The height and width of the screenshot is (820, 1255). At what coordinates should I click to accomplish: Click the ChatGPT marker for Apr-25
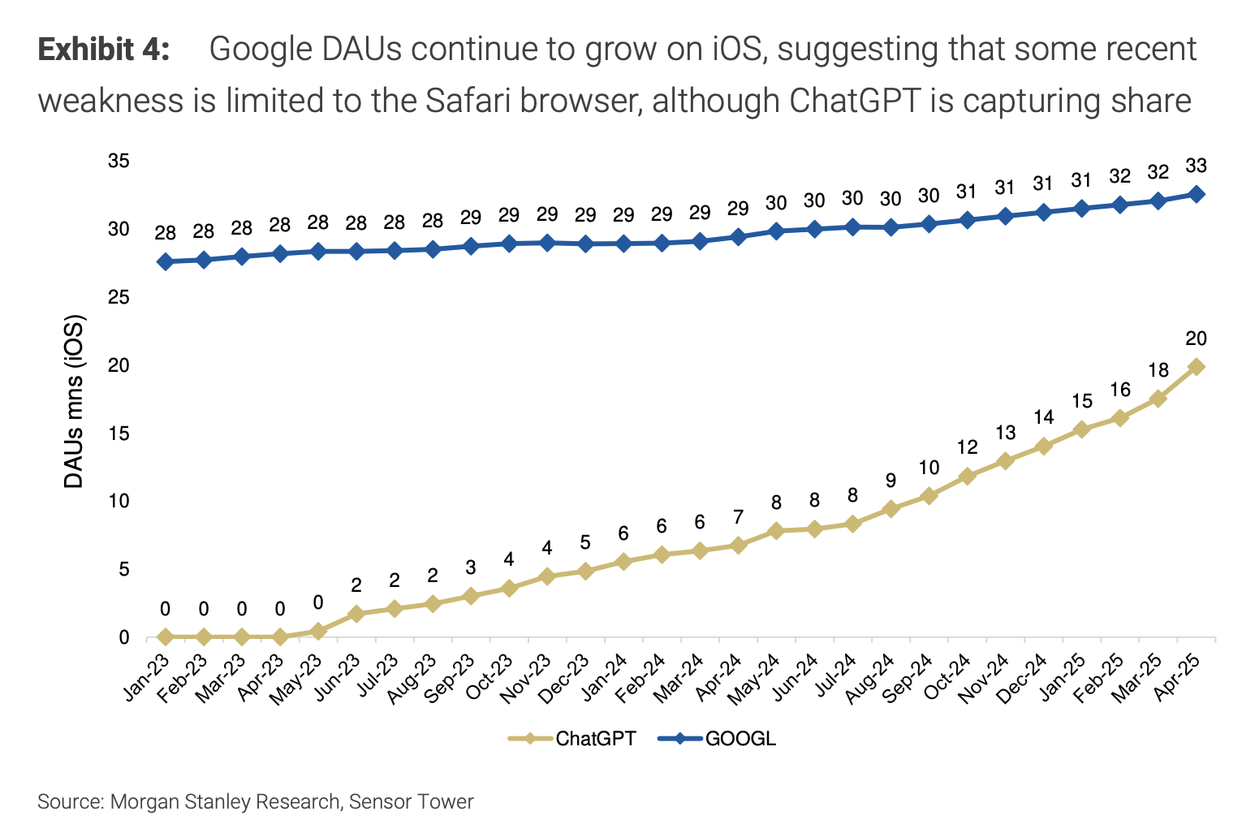click(x=1196, y=367)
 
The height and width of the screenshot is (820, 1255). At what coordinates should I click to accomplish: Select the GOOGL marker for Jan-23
click(x=166, y=261)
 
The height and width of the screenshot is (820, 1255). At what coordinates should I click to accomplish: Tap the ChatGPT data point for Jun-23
click(x=356, y=614)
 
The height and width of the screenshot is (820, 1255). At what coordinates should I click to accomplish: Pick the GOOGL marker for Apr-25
click(x=1196, y=194)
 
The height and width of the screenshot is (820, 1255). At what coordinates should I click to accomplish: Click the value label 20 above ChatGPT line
click(x=1196, y=339)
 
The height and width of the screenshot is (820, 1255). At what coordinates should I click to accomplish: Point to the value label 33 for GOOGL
click(x=1196, y=166)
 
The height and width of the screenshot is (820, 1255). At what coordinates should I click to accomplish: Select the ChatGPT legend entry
click(x=573, y=738)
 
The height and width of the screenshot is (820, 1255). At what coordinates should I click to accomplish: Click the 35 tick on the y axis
click(x=119, y=162)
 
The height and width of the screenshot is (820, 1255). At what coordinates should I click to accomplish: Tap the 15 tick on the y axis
click(x=119, y=434)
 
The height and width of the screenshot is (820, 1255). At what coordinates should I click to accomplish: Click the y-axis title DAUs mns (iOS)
click(x=74, y=401)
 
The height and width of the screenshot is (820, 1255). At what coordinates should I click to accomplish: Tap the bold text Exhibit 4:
click(x=104, y=50)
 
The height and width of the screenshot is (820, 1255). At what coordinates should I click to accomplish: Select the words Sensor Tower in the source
click(x=412, y=802)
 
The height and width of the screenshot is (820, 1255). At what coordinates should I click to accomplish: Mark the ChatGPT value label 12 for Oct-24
click(x=967, y=447)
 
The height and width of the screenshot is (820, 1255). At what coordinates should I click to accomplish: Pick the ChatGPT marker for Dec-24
click(x=1044, y=446)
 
